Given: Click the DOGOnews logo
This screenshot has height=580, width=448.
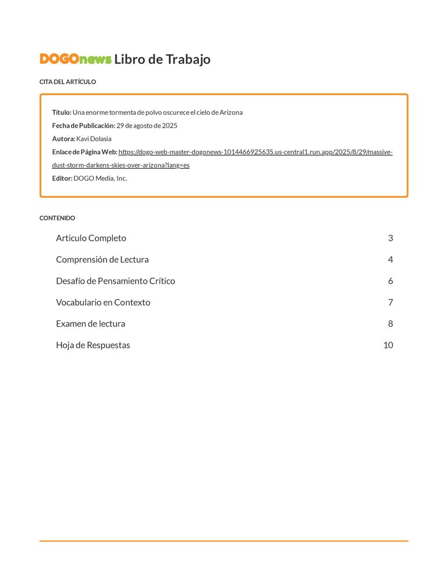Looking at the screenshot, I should tap(75, 59).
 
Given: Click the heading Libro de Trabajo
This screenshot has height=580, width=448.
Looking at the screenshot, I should tap(162, 59).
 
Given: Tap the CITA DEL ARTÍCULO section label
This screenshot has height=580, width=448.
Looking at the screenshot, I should tap(67, 82).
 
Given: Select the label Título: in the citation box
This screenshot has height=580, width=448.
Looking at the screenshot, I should tap(62, 113).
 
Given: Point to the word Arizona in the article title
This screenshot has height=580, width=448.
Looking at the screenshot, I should tap(230, 113).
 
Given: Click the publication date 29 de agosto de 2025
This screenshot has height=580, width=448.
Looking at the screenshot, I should tap(147, 126).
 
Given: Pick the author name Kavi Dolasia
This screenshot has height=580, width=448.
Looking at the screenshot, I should tap(94, 139).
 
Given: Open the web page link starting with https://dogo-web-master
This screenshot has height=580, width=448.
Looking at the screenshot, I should tap(255, 153).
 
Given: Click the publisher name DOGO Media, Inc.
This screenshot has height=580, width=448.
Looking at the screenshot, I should tap(100, 179).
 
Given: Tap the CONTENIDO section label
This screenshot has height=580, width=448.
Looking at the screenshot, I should tap(57, 218).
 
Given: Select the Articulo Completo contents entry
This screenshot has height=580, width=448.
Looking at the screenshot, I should tap(91, 238).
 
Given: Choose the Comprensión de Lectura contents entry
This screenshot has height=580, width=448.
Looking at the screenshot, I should tap(102, 260).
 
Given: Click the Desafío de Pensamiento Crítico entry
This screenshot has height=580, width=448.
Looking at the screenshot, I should tap(115, 281).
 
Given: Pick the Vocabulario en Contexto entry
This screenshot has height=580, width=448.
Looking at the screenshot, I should tap(103, 303).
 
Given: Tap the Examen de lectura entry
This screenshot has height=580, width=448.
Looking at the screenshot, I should tap(90, 324).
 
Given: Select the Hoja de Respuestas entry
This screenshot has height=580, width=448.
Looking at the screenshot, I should tap(93, 346).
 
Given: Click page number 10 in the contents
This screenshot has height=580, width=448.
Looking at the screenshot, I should tap(388, 346).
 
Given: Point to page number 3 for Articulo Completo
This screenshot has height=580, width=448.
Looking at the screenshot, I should tap(391, 238).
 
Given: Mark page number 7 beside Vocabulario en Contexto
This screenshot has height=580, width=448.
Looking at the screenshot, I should tap(391, 303).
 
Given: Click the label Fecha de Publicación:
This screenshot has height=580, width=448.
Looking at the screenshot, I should tap(83, 126).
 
